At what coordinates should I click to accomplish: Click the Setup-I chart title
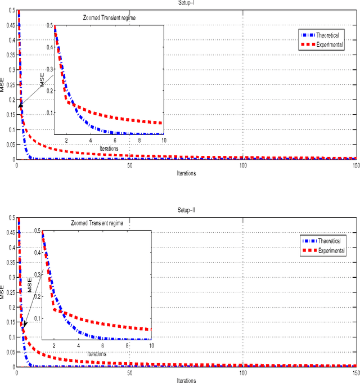(186, 2)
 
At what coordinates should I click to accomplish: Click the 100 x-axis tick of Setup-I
(242, 165)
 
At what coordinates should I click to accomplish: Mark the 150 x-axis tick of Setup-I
(354, 165)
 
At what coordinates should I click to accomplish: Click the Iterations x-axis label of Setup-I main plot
(186, 173)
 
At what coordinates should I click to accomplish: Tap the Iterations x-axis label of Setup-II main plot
(186, 380)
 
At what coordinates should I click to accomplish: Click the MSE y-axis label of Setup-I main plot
(3, 85)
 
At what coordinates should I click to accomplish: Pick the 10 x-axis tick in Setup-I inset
(163, 140)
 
